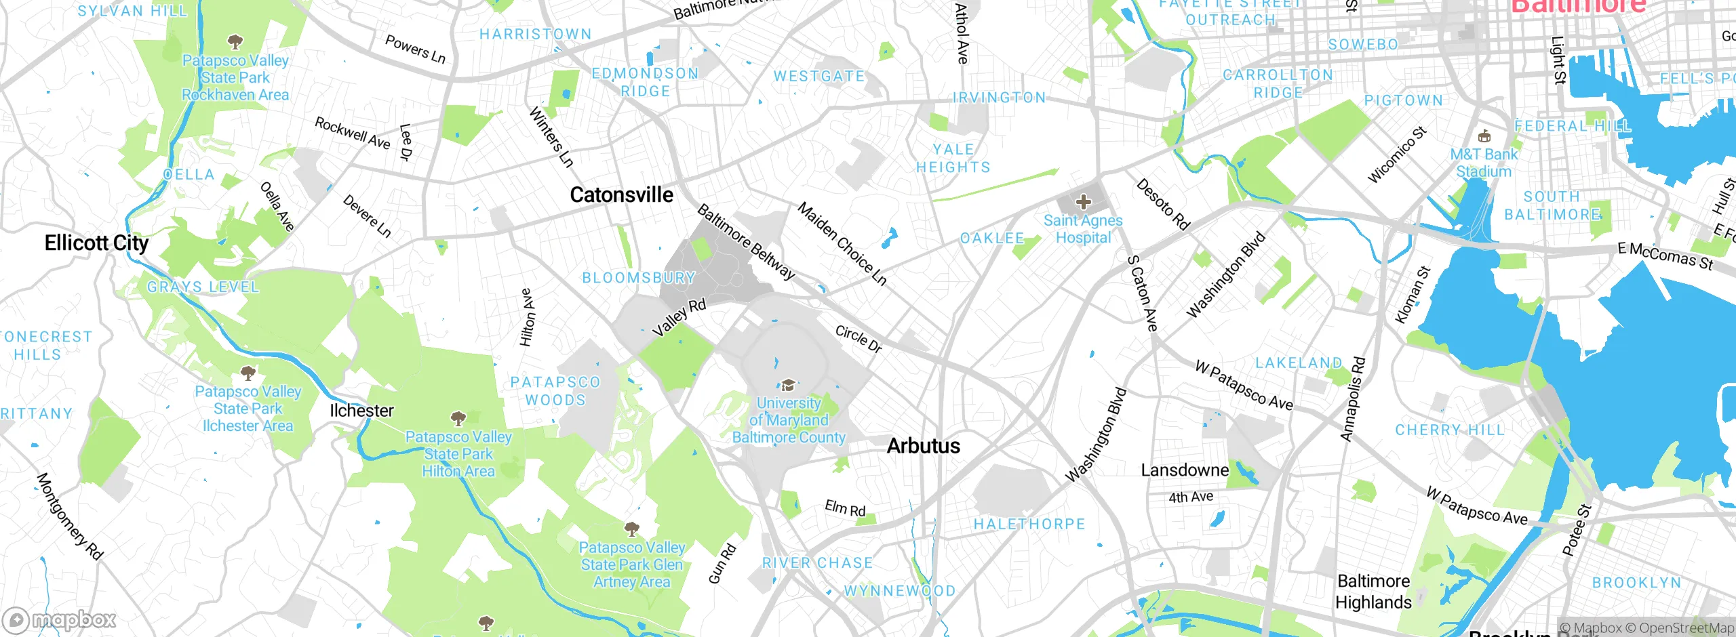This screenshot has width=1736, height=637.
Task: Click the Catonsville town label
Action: tap(621, 195)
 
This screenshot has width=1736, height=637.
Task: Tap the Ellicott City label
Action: tap(96, 243)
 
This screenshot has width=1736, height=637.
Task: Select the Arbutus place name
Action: tap(923, 446)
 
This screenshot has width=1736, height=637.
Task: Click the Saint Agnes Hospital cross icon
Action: tap(1083, 201)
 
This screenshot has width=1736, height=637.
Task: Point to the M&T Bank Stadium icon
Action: tap(1484, 136)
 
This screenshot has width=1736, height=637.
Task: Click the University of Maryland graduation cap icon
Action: tap(788, 386)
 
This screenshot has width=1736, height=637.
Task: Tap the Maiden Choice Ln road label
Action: tap(842, 243)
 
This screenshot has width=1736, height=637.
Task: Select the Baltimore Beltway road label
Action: tap(745, 242)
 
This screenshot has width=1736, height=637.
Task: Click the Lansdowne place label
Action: tap(1184, 470)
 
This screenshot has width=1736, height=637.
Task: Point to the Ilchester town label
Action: tap(361, 411)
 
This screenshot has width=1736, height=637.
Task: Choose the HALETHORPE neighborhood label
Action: tap(1029, 524)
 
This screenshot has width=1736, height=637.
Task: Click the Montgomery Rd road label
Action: tap(69, 516)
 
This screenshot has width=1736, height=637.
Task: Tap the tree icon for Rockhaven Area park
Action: tap(235, 43)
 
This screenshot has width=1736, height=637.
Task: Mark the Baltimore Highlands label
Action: tap(1373, 592)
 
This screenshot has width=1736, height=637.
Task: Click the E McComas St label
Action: tap(1665, 256)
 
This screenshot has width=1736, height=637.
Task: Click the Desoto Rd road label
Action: tap(1163, 204)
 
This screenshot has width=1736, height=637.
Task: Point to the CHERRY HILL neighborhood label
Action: tap(1450, 430)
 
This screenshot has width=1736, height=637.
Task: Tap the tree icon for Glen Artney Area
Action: tap(631, 529)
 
